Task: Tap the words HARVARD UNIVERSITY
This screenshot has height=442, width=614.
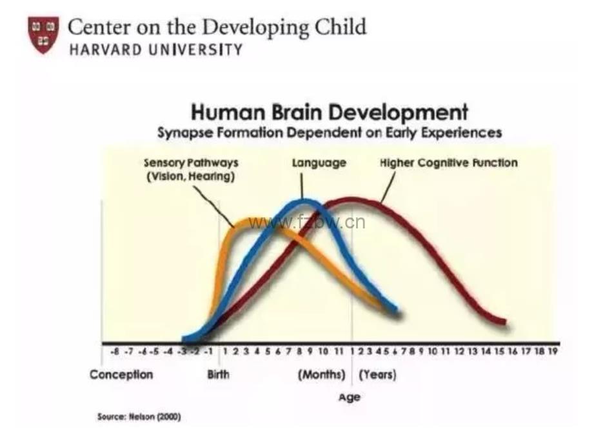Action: click(155, 50)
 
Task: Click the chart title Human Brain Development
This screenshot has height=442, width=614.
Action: click(329, 112)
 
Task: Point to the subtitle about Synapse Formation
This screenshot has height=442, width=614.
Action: click(330, 132)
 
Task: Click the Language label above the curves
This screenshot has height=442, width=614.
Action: click(319, 163)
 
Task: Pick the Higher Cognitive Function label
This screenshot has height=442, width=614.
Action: click(448, 163)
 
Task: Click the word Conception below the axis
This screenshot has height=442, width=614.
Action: click(121, 375)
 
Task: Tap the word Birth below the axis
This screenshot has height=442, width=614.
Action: click(218, 375)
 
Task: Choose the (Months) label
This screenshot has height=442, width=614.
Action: click(321, 375)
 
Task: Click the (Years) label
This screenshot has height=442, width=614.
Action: click(377, 375)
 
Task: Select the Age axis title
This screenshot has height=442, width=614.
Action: click(349, 397)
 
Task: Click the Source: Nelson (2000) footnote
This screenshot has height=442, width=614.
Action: click(139, 417)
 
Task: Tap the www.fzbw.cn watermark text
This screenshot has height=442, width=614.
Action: click(307, 223)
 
